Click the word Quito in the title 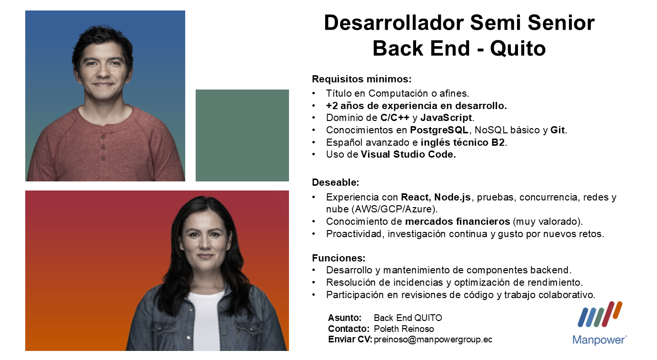tap(518, 49)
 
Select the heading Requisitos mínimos tap(362, 79)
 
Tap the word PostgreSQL tap(439, 130)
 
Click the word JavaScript tap(446, 118)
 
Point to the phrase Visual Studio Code tap(408, 154)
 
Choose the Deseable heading tap(336, 182)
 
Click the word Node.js tap(452, 197)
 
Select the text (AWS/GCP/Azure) tap(396, 209)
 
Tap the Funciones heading tap(339, 258)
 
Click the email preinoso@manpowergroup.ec tap(433, 340)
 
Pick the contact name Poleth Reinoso tap(404, 329)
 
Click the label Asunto tap(345, 318)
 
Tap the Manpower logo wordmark tap(599, 340)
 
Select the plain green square tap(242, 135)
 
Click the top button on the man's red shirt tap(103, 137)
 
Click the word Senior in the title tap(561, 23)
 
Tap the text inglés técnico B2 tap(463, 142)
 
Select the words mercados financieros tap(458, 221)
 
